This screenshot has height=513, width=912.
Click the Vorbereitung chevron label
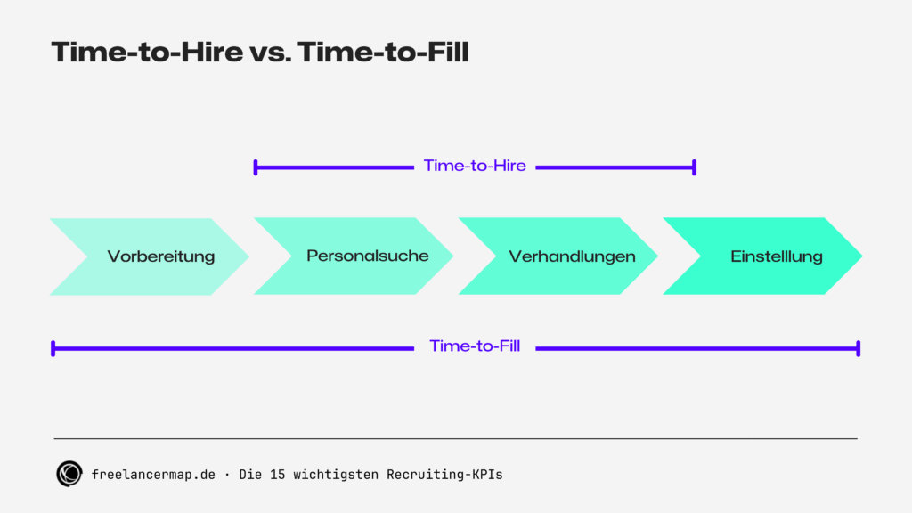161,256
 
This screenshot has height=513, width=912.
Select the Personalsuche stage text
367,256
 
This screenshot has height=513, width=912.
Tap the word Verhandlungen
572,256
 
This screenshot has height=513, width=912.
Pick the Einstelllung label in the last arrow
776,256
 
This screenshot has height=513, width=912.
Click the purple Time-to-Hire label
475,166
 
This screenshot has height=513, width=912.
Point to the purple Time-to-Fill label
475,346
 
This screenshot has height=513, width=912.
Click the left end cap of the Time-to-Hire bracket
256,167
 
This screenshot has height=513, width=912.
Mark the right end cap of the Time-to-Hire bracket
694,167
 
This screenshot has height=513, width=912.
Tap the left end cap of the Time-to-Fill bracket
53,348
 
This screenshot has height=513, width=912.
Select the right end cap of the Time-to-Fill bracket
858,348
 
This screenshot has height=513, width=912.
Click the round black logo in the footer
69,475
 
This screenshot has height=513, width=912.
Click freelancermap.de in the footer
153,475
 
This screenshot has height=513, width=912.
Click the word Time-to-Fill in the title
383,53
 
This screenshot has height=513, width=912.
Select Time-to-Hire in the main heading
147,53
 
